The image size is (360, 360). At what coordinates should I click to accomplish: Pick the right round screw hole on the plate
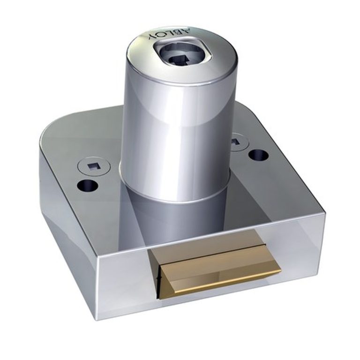tap(259, 155)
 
